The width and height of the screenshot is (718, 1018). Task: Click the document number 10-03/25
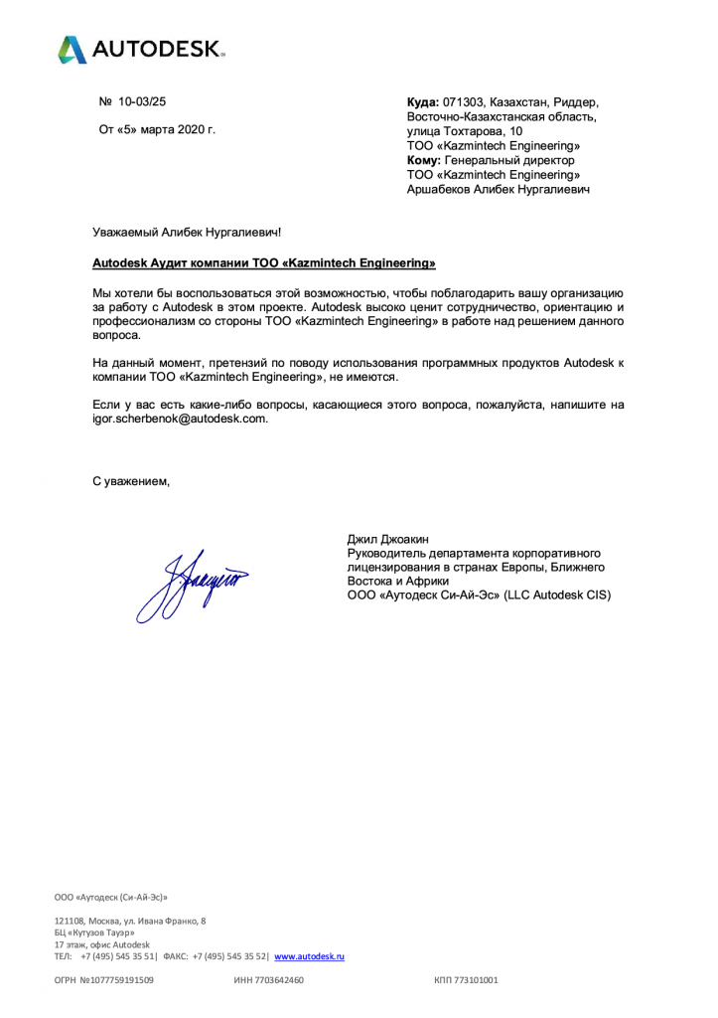click(x=142, y=101)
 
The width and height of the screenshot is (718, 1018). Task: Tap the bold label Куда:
click(x=423, y=101)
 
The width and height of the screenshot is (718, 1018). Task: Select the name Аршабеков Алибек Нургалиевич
click(x=499, y=189)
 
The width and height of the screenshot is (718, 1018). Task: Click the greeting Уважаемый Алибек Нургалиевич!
click(x=187, y=233)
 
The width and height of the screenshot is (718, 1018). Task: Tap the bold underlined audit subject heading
click(x=263, y=263)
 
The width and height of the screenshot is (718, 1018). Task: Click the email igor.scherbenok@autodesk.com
click(x=180, y=420)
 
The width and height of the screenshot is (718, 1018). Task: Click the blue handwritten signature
click(x=194, y=582)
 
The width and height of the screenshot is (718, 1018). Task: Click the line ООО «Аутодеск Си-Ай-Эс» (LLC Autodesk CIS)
click(x=479, y=595)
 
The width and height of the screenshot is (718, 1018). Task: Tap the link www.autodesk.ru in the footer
click(x=309, y=956)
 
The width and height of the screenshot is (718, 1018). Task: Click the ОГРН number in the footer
click(x=103, y=980)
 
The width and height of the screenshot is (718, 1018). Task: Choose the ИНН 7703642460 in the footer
click(x=268, y=980)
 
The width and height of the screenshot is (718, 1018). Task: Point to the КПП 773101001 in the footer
click(x=466, y=980)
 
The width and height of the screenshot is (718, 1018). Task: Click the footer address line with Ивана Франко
click(x=130, y=921)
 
